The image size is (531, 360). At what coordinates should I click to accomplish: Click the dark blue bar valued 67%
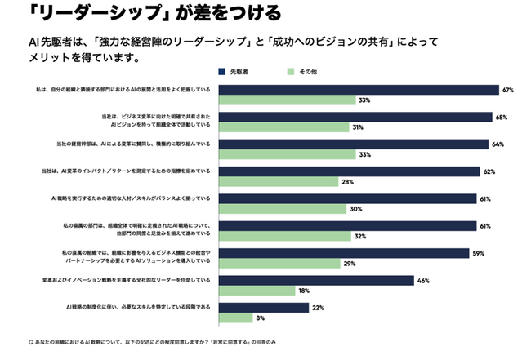360,90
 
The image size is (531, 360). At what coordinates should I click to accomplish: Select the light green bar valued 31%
285,127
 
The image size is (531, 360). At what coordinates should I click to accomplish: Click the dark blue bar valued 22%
265,308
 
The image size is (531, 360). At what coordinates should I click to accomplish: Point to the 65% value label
501,118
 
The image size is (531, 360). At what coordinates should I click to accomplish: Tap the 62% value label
490,171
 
